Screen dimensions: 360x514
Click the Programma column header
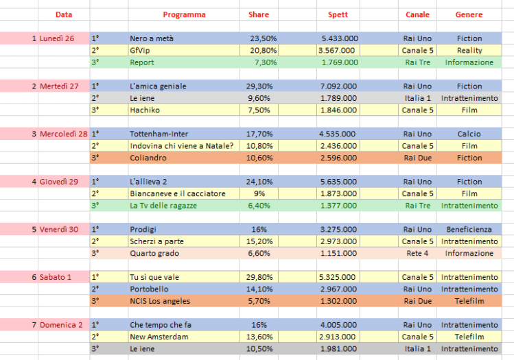click(184, 14)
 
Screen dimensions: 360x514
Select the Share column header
click(259, 14)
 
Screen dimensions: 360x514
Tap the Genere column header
click(469, 14)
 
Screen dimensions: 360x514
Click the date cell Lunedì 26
click(57, 38)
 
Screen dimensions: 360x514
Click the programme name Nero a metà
click(152, 38)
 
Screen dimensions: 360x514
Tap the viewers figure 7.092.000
click(339, 86)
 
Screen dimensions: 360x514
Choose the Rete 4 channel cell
click(418, 253)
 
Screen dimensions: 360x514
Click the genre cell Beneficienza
click(469, 229)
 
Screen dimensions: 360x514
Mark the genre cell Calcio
click(469, 134)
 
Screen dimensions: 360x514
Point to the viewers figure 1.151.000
click(339, 253)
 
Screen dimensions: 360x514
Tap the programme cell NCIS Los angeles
click(160, 301)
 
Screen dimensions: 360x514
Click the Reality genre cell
click(469, 51)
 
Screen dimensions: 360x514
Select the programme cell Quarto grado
click(155, 253)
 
